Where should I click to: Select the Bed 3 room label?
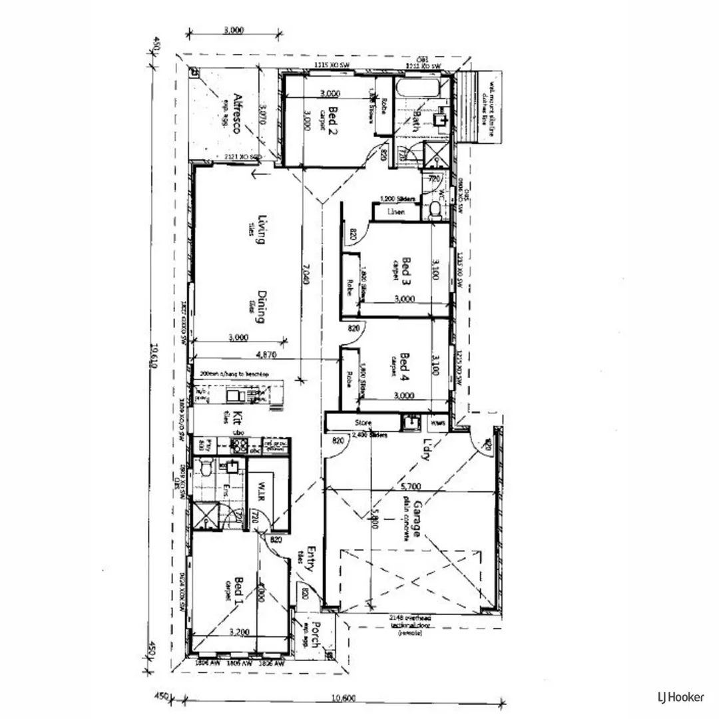point(407,268)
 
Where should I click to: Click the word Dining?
point(262,307)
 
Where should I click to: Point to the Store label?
point(363,423)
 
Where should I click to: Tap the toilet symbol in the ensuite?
point(205,471)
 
